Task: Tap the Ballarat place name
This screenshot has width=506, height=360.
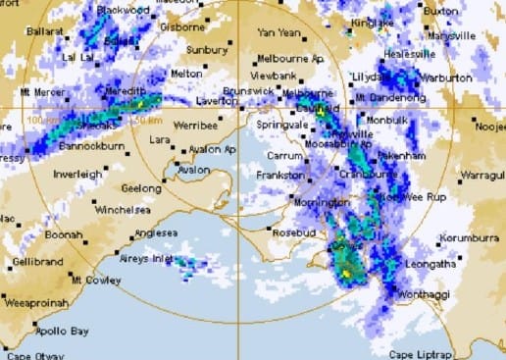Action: click(44, 30)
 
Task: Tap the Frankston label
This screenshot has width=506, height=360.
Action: click(281, 174)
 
